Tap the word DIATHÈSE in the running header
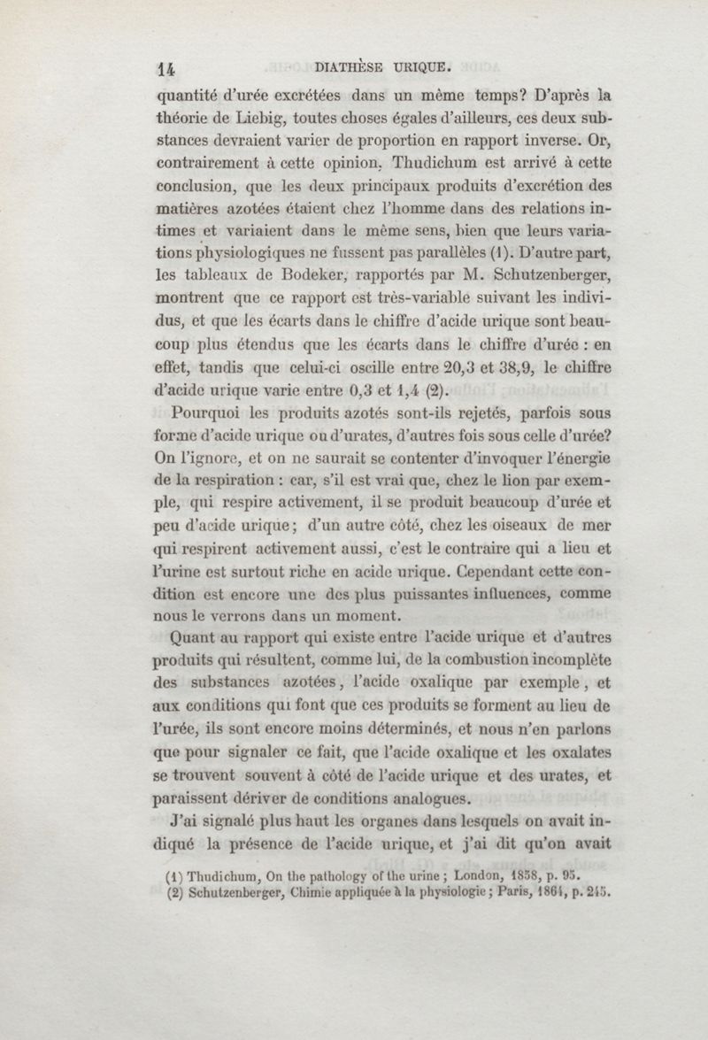click(349, 64)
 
